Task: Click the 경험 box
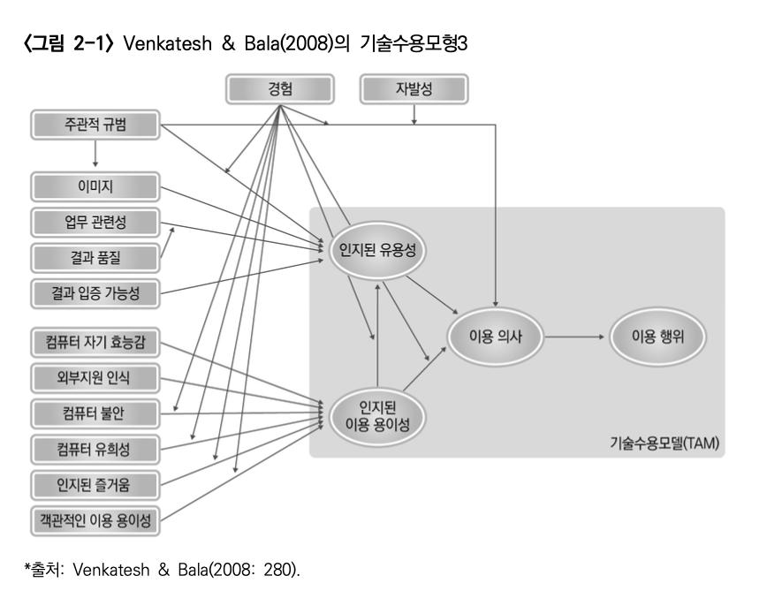point(280,88)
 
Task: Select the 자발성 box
point(414,88)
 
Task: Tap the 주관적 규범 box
point(95,125)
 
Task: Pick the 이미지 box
point(95,186)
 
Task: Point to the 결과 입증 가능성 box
point(95,292)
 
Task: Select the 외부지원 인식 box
point(95,378)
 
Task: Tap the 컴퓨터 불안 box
point(95,413)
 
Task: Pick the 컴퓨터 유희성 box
point(95,449)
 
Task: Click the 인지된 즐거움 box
point(95,484)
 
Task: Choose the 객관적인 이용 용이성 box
point(95,521)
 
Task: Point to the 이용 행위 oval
point(655,337)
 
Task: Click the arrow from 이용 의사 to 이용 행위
point(574,337)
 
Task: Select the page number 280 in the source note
point(279,571)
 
